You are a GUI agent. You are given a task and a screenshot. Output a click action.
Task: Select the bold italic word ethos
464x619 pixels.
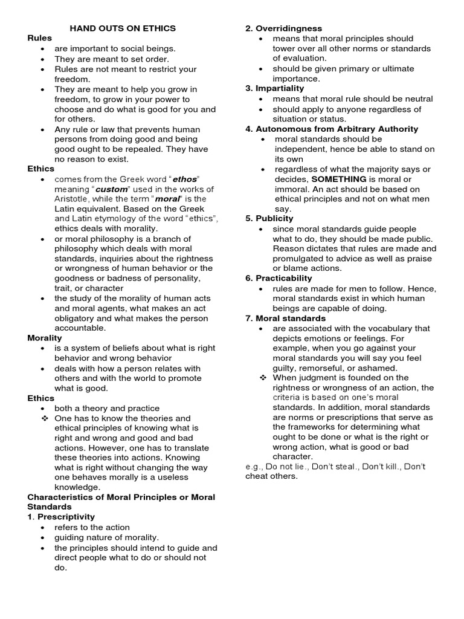tap(185, 180)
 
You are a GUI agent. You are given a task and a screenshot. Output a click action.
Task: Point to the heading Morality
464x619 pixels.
tap(45, 338)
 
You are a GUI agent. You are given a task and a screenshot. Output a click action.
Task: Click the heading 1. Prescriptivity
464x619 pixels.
tap(61, 517)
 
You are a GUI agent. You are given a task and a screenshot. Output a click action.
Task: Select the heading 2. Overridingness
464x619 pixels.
tap(283, 28)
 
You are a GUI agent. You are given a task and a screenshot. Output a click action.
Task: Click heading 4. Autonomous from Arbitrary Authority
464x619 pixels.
tap(331, 129)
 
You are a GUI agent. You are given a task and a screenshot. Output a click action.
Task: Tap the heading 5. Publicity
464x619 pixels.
tap(269, 218)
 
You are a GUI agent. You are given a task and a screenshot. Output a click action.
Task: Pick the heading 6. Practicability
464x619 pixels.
tap(279, 278)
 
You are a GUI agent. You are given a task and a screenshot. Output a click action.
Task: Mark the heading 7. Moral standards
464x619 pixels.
tap(286, 318)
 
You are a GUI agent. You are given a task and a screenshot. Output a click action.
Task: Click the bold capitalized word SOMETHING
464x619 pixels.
tap(338, 179)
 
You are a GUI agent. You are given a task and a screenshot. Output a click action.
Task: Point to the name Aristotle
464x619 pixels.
tap(72, 199)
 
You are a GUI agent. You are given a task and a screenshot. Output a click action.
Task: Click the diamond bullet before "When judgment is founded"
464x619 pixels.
tap(262, 378)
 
